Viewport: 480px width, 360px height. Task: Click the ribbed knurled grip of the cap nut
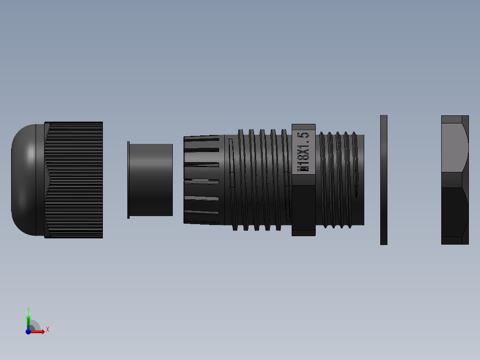[x=76, y=180]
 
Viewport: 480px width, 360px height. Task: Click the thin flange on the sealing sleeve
[x=128, y=180]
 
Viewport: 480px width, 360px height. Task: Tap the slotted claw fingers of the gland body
[x=202, y=180]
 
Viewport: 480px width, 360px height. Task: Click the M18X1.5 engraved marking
[x=304, y=152]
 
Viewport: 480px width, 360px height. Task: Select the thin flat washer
[x=383, y=180]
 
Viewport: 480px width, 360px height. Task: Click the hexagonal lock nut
[x=455, y=180]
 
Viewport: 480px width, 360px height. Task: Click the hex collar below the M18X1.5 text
[x=304, y=207]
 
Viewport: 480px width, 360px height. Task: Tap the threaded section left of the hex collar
[x=258, y=180]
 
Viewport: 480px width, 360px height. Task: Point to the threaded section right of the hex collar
[x=341, y=180]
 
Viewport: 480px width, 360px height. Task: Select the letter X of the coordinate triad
[x=47, y=330]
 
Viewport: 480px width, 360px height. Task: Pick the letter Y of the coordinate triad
[x=28, y=310]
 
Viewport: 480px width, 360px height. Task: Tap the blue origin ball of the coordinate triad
[x=28, y=331]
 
